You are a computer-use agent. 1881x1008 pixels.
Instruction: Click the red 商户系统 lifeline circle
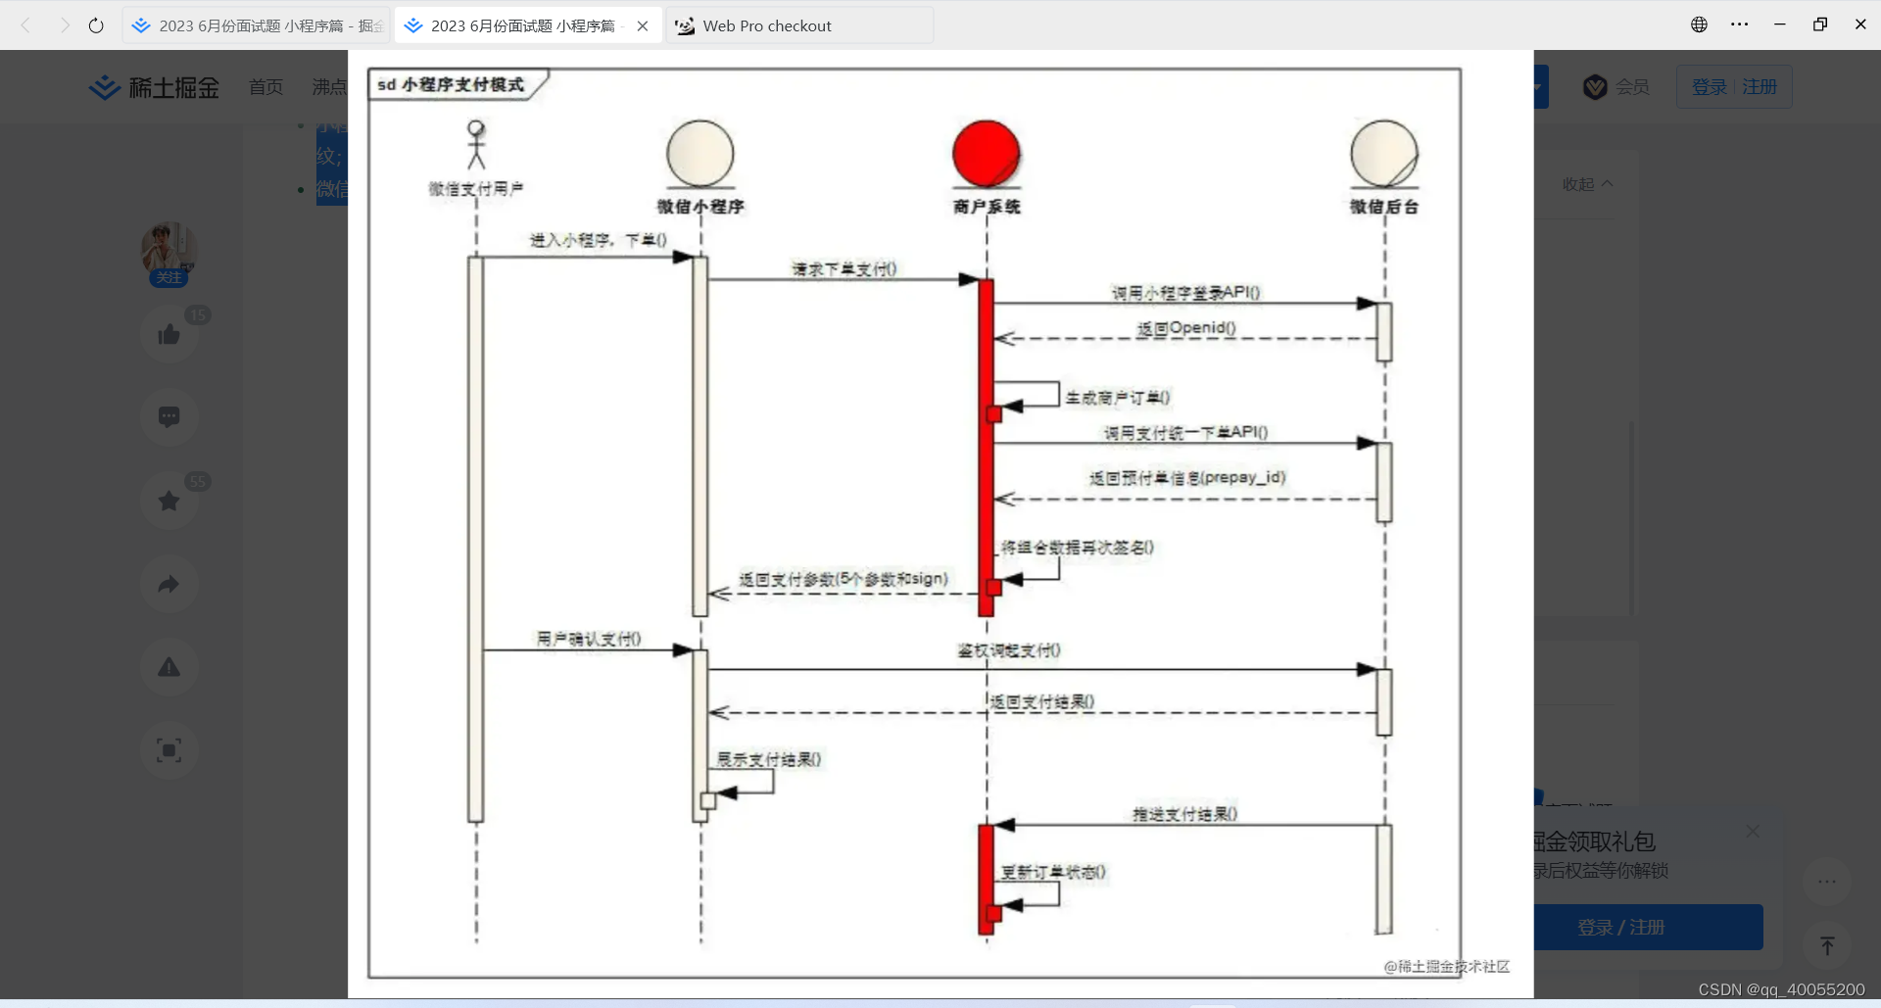(986, 154)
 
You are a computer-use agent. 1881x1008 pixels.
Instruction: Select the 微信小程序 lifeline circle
(699, 154)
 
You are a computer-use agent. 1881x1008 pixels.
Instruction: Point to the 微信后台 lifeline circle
(1383, 154)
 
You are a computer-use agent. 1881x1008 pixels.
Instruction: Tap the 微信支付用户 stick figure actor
(476, 145)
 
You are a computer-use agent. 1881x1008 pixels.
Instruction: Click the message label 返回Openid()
(1185, 328)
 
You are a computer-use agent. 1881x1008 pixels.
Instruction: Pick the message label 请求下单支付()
(844, 269)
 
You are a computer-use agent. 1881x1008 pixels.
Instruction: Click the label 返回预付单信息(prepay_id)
(1186, 478)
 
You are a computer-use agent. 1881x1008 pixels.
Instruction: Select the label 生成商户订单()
(1117, 398)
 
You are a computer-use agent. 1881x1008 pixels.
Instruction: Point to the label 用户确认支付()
(588, 639)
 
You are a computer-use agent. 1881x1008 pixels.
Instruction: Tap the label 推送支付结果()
(1184, 814)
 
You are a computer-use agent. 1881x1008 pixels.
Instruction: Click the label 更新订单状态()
(1052, 872)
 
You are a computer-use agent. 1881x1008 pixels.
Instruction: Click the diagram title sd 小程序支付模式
(451, 85)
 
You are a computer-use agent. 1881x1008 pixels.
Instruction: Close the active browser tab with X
(643, 26)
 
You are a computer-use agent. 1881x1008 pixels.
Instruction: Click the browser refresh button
(96, 26)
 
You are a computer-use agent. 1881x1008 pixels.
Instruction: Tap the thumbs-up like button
(169, 335)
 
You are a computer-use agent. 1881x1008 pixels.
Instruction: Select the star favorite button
(169, 501)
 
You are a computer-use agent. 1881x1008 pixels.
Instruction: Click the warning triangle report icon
(169, 667)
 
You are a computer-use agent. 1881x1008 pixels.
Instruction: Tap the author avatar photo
(169, 247)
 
